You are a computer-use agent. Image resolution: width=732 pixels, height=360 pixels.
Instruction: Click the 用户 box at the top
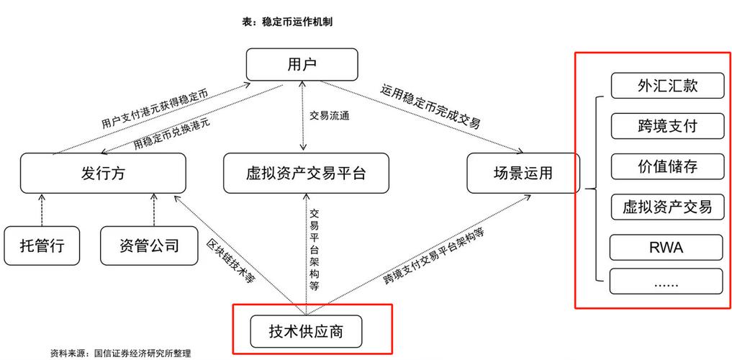coord(301,65)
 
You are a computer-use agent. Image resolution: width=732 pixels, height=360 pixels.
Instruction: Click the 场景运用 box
coord(514,173)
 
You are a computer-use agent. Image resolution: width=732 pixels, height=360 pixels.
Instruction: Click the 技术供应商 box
coord(306,331)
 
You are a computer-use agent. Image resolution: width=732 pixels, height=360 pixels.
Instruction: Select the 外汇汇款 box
coord(667,86)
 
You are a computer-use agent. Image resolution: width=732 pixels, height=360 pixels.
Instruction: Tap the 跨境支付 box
coord(667,126)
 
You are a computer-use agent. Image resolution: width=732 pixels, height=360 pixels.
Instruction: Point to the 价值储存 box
coord(667,166)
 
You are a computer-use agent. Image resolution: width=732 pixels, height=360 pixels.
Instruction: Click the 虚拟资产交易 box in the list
coord(667,207)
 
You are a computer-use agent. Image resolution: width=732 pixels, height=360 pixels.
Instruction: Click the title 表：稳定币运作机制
coord(286,22)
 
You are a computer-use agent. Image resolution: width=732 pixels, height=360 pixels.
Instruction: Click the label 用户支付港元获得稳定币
coord(155,109)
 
